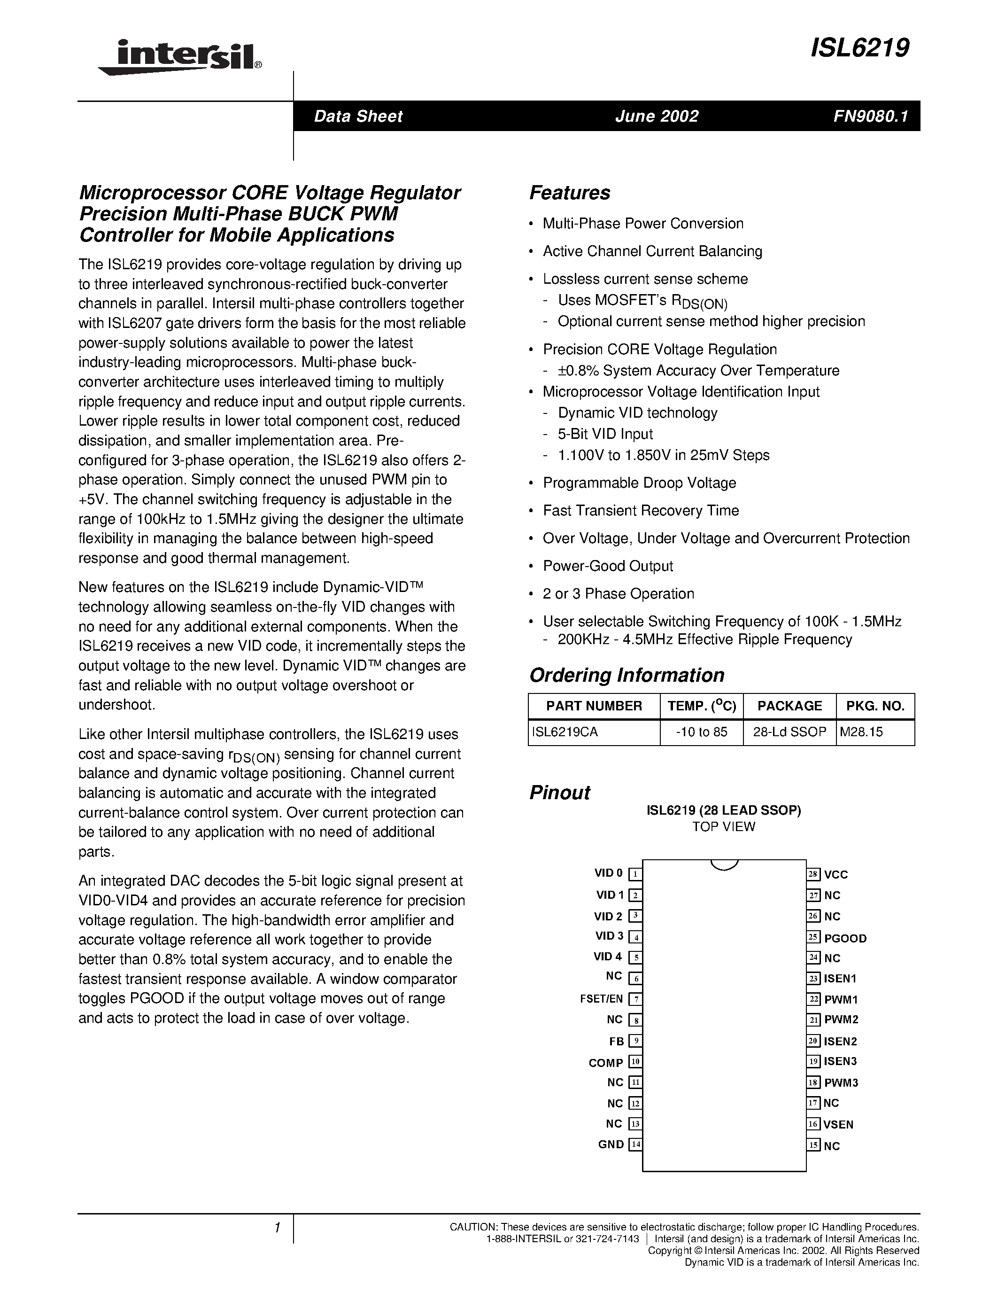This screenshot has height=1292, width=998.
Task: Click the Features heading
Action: [569, 193]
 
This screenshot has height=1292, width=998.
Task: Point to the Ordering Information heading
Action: [626, 675]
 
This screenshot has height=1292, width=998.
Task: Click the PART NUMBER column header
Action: [594, 706]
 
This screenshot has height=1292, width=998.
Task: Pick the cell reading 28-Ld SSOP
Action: [789, 732]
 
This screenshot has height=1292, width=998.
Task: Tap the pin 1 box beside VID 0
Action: [635, 874]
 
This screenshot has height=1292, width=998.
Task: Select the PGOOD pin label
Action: [845, 938]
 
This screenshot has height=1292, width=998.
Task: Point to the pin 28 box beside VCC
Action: [813, 874]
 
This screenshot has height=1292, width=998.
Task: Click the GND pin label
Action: [611, 1144]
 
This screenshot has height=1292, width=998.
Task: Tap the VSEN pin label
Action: [838, 1124]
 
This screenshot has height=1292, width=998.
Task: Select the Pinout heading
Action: [559, 793]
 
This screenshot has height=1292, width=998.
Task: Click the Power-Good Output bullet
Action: [607, 566]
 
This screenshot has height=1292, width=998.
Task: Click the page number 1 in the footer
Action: [277, 1228]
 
